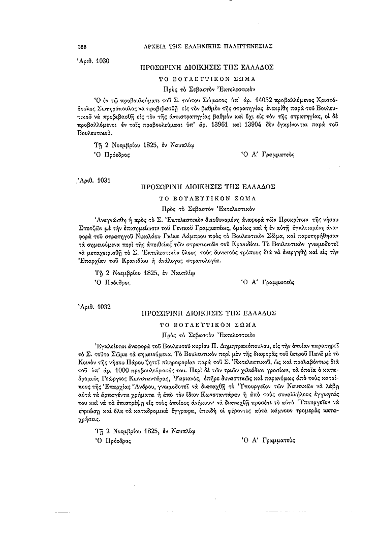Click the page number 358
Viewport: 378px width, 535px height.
pyautogui.click(x=82, y=46)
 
